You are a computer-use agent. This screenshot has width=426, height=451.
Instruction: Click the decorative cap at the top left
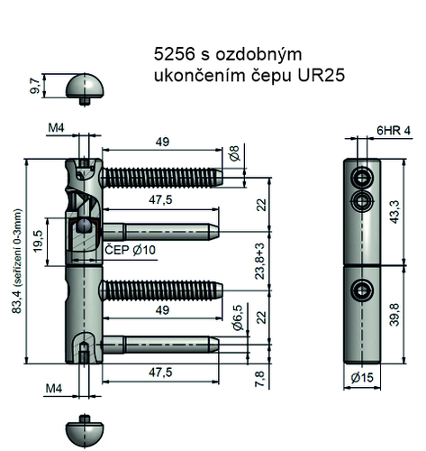click(84, 88)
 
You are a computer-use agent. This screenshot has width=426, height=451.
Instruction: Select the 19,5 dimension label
click(38, 243)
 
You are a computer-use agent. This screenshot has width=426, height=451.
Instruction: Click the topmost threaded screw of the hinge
click(162, 174)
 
